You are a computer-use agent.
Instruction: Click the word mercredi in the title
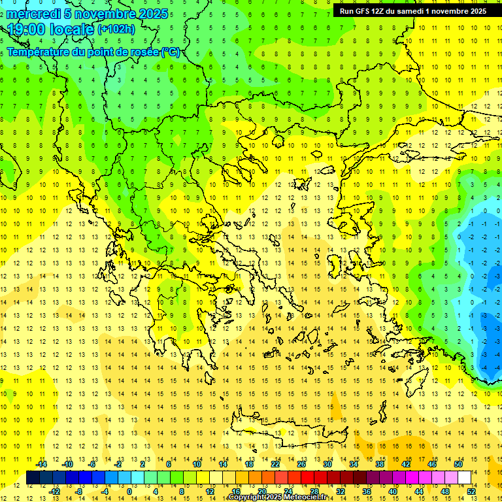click(x=34, y=14)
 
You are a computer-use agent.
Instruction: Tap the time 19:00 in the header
click(x=25, y=29)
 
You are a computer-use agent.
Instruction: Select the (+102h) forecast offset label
click(x=116, y=29)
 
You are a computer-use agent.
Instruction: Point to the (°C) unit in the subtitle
click(x=170, y=52)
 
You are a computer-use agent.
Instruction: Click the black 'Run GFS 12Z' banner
click(x=412, y=11)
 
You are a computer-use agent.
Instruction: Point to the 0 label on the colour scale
click(x=129, y=492)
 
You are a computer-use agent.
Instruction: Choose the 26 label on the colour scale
click(x=301, y=464)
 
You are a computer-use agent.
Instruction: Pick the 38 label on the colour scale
click(x=380, y=464)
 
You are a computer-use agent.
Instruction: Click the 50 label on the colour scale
click(x=458, y=464)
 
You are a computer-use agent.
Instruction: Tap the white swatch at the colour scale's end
click(x=465, y=478)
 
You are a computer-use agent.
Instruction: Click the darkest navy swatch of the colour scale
click(x=33, y=478)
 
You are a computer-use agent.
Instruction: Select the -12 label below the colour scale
click(x=55, y=492)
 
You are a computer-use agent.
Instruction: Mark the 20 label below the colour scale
click(x=262, y=492)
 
